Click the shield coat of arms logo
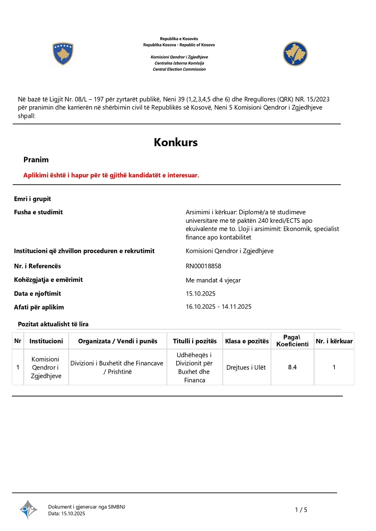pos(63,54)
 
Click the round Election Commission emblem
pos(295,54)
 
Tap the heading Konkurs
pos(176,142)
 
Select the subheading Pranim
pos(36,160)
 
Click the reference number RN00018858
pos(204,266)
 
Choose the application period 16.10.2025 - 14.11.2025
pos(219,307)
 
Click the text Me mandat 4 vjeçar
pos(213,281)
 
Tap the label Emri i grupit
pos(32,199)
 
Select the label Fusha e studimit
pos(39,212)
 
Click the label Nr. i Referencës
pos(38,266)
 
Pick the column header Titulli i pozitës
pos(195,341)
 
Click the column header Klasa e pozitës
pos(247,341)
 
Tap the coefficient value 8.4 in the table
pos(292,367)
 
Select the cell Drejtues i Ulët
pos(246,367)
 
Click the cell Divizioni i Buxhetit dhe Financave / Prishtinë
pos(117,367)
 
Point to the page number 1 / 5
pos(301,510)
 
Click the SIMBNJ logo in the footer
pos(28,509)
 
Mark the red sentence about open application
pos(111,175)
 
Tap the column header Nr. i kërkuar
pos(334,341)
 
